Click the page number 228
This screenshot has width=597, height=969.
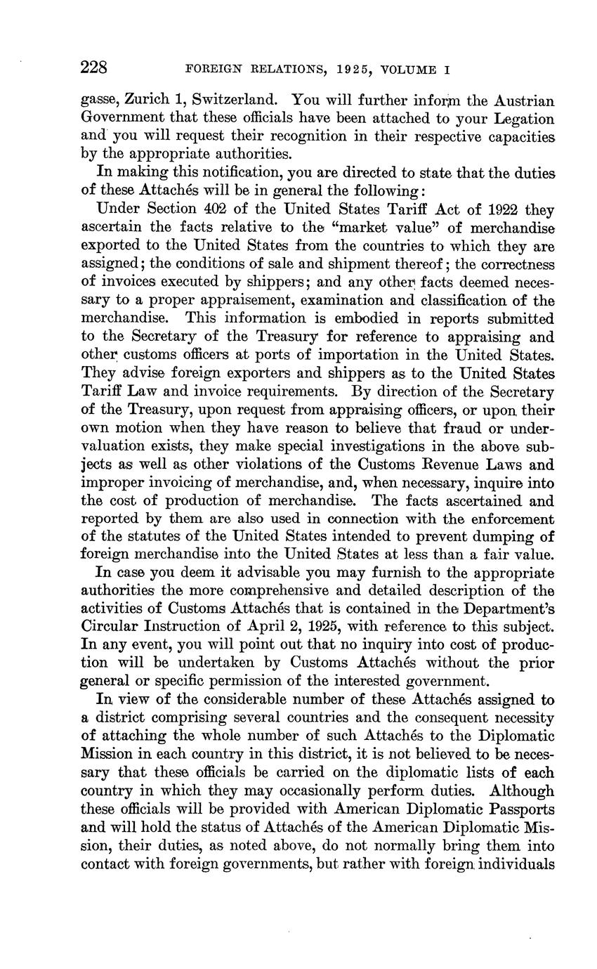tap(93, 68)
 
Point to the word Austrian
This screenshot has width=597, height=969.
tap(518, 100)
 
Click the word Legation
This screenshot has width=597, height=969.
tap(521, 119)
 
